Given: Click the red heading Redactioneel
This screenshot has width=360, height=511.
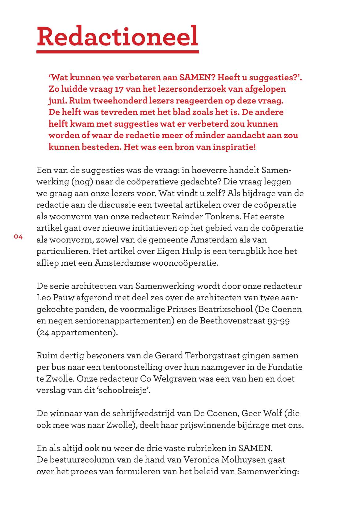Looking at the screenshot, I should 117,36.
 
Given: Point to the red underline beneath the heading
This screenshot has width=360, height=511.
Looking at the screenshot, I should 117,52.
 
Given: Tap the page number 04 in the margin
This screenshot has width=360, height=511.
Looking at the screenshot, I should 18,237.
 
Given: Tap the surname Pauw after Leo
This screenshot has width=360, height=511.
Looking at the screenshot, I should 64,298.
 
